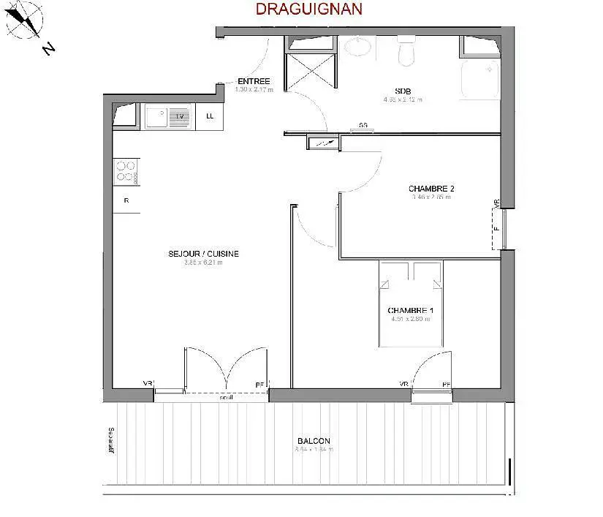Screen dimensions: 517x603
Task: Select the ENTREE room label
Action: [x=254, y=81]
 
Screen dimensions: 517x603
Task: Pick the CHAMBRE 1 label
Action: [x=410, y=310]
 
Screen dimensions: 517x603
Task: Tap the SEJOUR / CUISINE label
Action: [x=203, y=254]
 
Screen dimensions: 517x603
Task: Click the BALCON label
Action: [x=314, y=441]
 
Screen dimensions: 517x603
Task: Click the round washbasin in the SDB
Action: [x=357, y=47]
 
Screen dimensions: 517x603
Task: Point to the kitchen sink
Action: [x=167, y=116]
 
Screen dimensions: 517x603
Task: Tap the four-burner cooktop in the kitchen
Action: [x=125, y=171]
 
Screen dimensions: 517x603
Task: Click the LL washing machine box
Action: [x=211, y=116]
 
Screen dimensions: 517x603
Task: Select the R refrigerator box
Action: [x=126, y=200]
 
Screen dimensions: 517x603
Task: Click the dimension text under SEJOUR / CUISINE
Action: [x=203, y=263]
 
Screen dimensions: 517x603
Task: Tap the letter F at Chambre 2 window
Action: [x=496, y=227]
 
